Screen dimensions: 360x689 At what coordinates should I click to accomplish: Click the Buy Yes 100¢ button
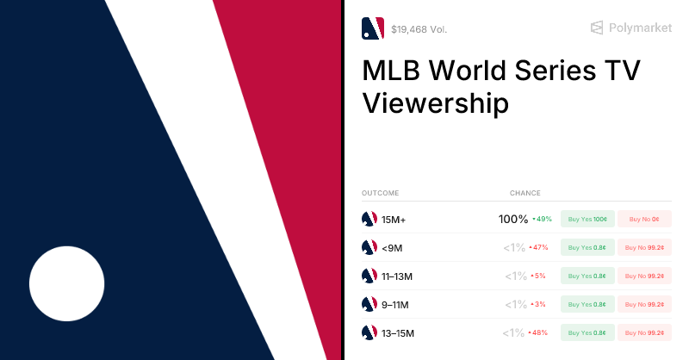coord(587,219)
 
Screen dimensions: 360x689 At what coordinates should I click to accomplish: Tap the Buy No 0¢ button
coord(643,219)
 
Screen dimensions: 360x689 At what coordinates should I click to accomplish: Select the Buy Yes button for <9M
coord(587,248)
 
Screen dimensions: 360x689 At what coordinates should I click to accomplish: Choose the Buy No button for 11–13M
coord(643,276)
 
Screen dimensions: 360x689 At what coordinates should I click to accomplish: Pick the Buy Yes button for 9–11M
coord(587,305)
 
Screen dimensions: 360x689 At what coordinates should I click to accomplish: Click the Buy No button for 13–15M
coord(643,332)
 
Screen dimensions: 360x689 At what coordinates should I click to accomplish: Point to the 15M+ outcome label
coord(394,220)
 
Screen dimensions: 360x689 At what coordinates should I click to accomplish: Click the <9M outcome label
coord(392,248)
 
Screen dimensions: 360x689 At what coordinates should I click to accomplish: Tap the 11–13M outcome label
coord(398,276)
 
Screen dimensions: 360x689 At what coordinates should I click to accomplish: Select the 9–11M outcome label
coord(395,305)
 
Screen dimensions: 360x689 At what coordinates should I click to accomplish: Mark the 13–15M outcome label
coord(398,333)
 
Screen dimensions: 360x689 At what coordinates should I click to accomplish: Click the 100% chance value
coord(513,220)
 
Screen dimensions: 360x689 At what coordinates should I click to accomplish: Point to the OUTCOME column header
coord(380,193)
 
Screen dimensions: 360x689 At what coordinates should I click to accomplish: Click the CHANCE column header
coord(525,193)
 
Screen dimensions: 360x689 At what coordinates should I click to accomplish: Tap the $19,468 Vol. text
coord(419,29)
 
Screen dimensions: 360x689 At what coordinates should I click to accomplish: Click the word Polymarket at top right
coord(640,28)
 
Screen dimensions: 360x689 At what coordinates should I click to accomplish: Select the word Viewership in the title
coord(435,103)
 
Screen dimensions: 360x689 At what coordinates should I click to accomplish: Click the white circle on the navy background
coord(67,283)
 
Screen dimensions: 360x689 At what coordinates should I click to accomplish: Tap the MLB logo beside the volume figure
coord(372,28)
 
